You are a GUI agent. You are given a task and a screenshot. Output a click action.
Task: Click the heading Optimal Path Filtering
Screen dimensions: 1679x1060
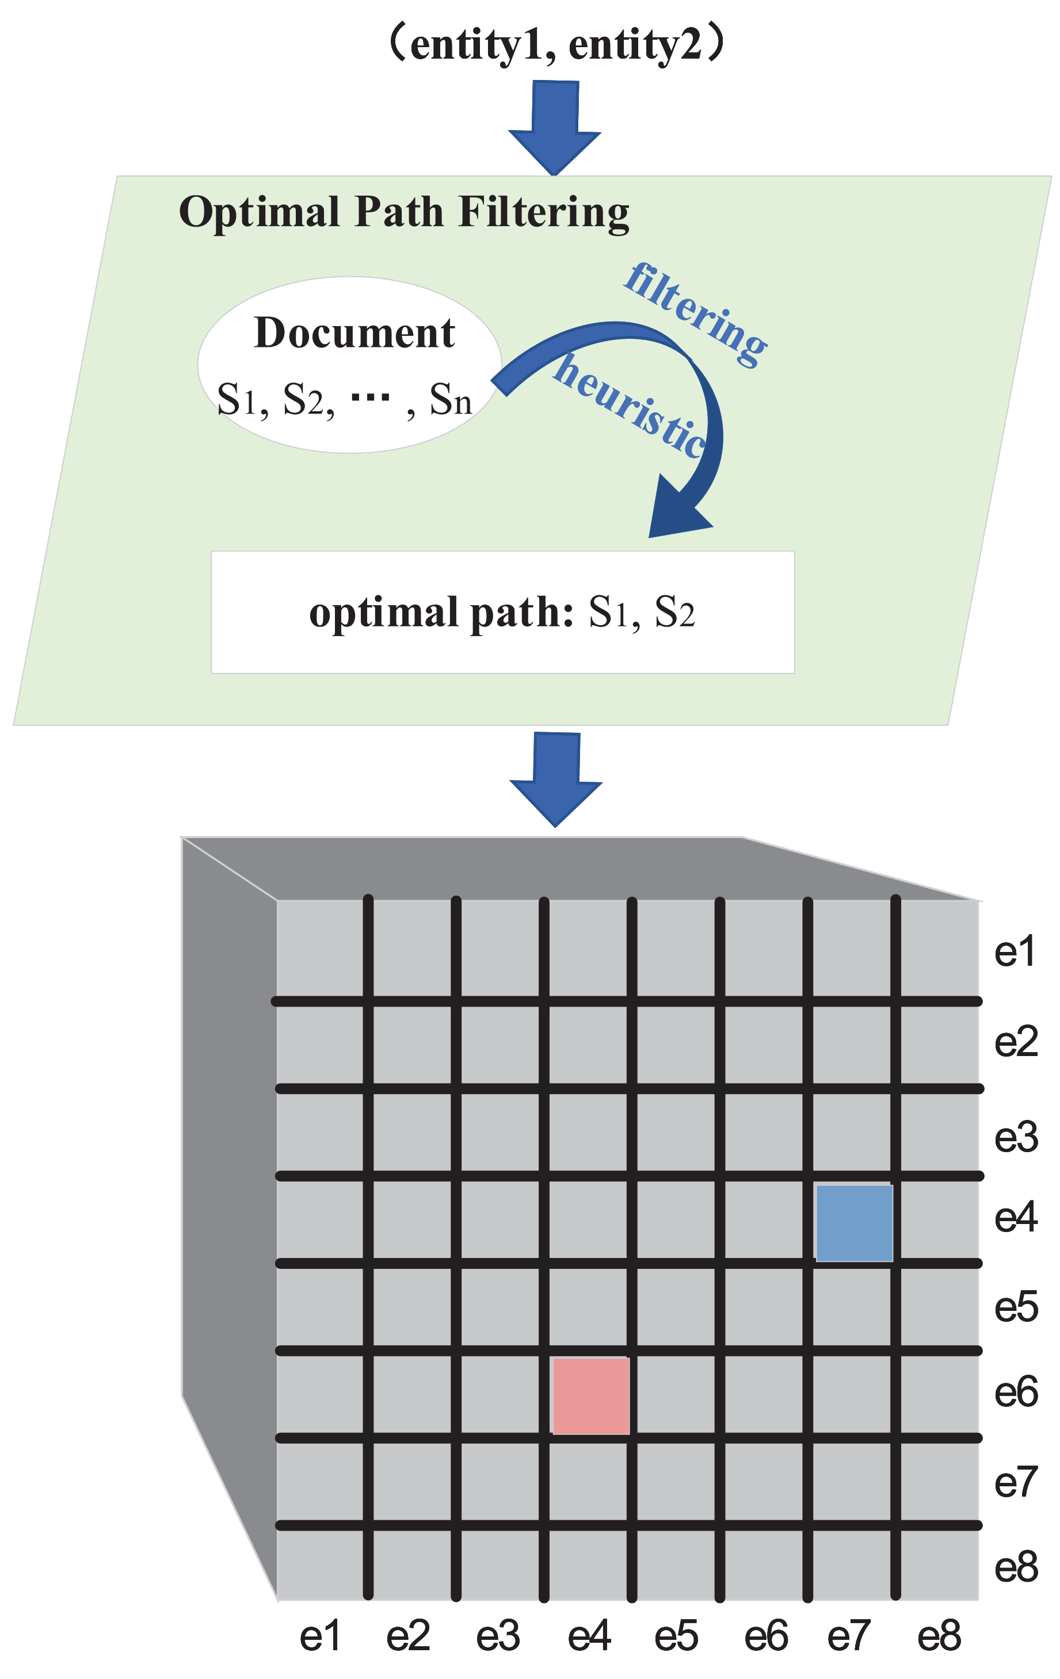[x=404, y=212]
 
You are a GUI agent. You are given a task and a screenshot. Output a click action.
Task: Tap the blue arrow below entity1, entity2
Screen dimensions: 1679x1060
[x=554, y=125]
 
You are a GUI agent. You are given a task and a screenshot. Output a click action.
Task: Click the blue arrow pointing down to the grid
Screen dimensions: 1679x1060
[x=556, y=778]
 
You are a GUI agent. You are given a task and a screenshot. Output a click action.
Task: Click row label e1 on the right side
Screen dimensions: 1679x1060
[x=1015, y=953]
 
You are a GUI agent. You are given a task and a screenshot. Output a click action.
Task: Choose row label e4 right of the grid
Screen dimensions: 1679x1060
[x=1015, y=1218]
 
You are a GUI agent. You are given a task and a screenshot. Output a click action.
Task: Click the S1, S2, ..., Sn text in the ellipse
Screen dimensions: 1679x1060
[x=345, y=400]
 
